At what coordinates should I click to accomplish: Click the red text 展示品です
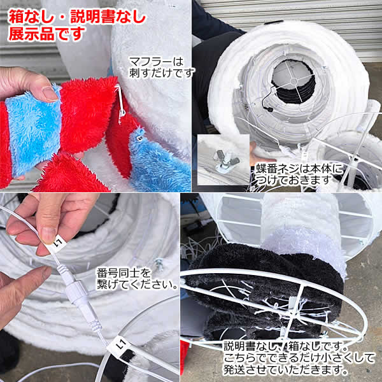[46, 33]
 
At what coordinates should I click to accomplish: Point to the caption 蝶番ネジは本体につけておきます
[299, 174]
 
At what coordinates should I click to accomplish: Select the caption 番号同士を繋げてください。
[136, 279]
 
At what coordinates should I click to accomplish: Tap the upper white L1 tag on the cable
[59, 243]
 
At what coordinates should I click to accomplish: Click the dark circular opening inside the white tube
[292, 83]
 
